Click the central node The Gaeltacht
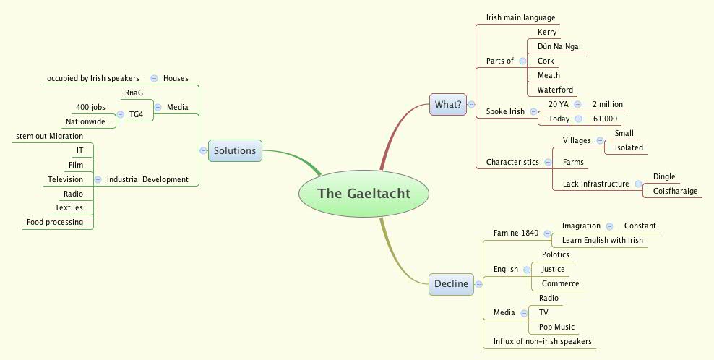pos(364,194)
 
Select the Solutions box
pos(235,150)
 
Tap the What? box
pos(448,105)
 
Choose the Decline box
pos(451,284)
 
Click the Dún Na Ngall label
pos(560,46)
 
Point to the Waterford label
pos(555,90)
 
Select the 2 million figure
pos(607,104)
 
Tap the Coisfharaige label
pos(675,191)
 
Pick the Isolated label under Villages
pos(628,147)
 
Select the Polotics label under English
pos(555,254)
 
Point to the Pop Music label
pos(556,327)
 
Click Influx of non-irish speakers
pos(538,341)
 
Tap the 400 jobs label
pos(90,107)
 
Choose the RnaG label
pos(134,93)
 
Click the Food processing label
pos(55,222)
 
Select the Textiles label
pos(69,207)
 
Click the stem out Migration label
pos(49,136)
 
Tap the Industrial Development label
pos(147,179)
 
